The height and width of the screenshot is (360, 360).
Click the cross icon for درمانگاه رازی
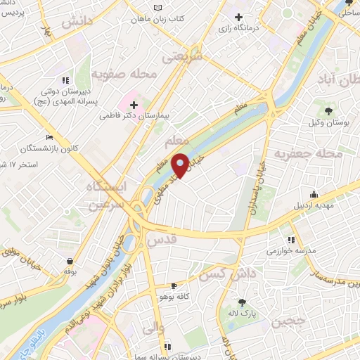(x=239, y=17)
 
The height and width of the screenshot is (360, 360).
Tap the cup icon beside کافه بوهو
(x=174, y=286)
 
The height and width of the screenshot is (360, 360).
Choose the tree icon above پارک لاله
(x=243, y=302)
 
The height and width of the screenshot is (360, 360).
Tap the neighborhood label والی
(x=153, y=326)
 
